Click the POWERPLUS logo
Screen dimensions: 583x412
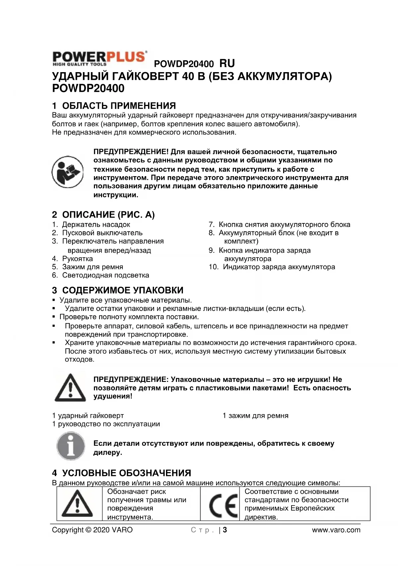(100, 58)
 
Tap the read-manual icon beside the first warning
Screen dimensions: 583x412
(67, 172)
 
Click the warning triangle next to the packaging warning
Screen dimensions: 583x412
(70, 388)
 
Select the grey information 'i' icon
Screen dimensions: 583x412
(71, 446)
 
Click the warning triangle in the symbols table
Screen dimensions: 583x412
(77, 504)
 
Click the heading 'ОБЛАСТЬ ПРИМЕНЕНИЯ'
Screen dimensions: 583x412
(119, 106)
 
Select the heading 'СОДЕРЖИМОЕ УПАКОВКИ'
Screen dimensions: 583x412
(123, 290)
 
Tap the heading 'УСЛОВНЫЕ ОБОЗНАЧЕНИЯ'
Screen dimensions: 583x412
(126, 473)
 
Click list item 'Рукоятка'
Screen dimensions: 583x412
(77, 259)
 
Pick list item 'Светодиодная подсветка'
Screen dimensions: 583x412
(106, 275)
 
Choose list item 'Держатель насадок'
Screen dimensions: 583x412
(96, 225)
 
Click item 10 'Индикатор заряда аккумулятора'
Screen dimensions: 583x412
(279, 267)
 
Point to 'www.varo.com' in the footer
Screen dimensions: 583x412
(336, 530)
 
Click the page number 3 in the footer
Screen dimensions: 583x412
(225, 530)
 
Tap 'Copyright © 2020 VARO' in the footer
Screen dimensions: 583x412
(92, 530)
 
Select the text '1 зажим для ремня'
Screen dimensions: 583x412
(255, 415)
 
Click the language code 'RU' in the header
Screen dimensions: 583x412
(227, 63)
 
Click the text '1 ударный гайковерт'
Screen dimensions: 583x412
(88, 415)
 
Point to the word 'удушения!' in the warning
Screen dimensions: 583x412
(113, 396)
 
